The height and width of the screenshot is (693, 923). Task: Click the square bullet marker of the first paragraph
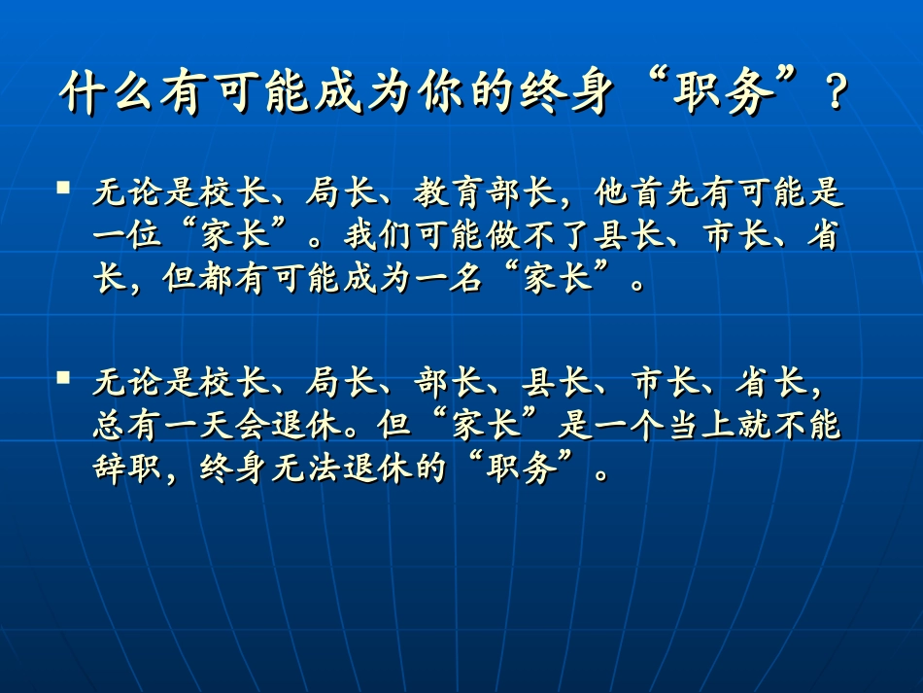point(64,185)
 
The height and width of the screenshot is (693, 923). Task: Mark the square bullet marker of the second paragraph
point(64,375)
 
